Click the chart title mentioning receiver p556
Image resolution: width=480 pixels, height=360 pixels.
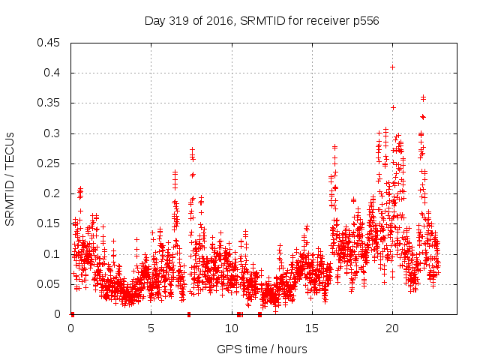[262, 21]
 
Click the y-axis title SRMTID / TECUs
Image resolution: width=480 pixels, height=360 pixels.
[10, 178]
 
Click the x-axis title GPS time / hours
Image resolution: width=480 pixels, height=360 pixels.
[262, 349]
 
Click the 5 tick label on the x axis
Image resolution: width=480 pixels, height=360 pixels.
[151, 328]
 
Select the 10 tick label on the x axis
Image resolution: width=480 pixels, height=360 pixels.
[231, 328]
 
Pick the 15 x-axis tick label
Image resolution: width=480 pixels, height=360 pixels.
[311, 328]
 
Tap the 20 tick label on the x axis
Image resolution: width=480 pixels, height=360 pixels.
[391, 328]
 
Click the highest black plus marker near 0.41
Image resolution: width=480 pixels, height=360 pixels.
[392, 67]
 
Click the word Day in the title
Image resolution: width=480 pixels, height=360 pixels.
[154, 21]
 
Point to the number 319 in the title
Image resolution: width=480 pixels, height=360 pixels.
[181, 21]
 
